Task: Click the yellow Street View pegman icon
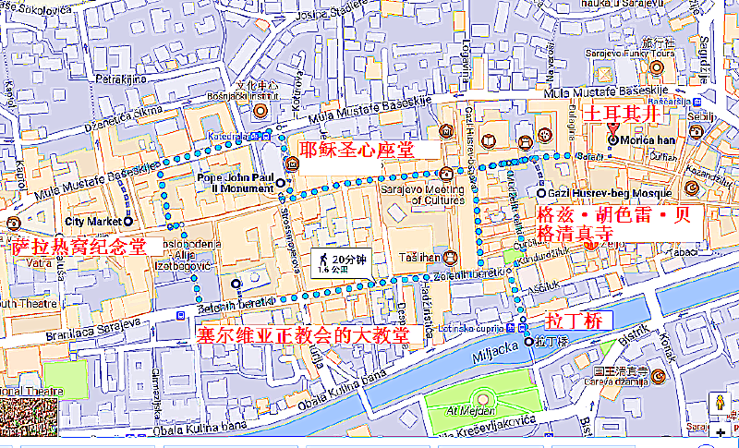tap(720, 403)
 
